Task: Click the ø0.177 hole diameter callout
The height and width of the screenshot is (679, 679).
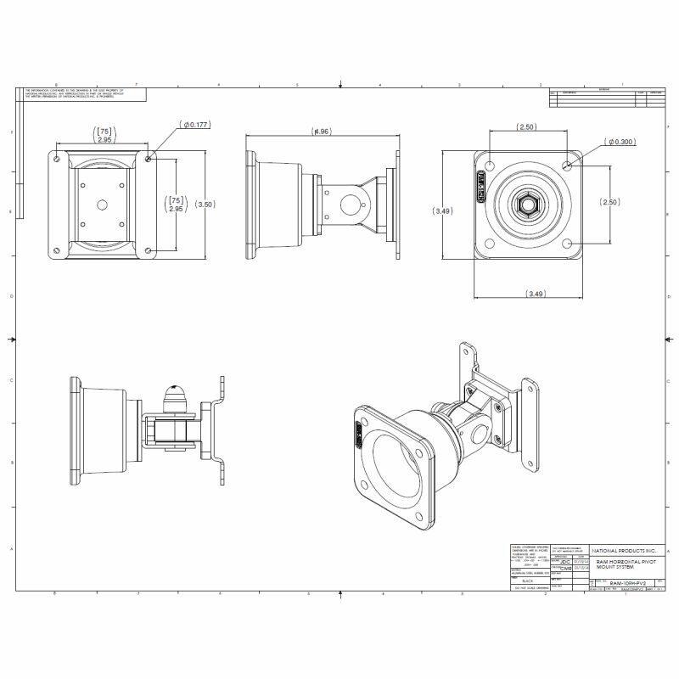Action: (195, 125)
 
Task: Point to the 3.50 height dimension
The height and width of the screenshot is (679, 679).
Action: (205, 204)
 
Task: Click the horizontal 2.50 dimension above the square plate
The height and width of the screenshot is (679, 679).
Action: (527, 126)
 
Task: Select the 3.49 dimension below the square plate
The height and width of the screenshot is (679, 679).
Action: (535, 294)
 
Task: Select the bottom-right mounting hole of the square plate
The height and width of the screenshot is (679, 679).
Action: (567, 243)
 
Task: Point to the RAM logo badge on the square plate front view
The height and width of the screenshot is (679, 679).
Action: (481, 182)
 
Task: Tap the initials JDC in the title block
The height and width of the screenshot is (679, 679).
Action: (565, 561)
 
